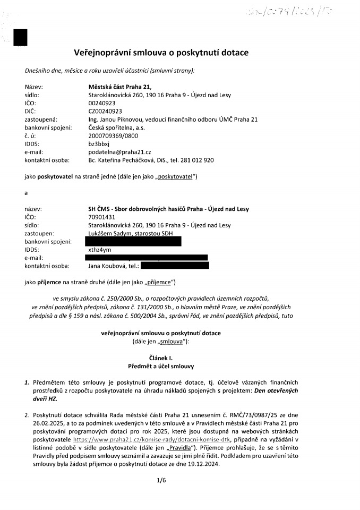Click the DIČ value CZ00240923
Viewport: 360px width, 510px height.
coord(105,111)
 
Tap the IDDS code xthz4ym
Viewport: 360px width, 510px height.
coord(99,249)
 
